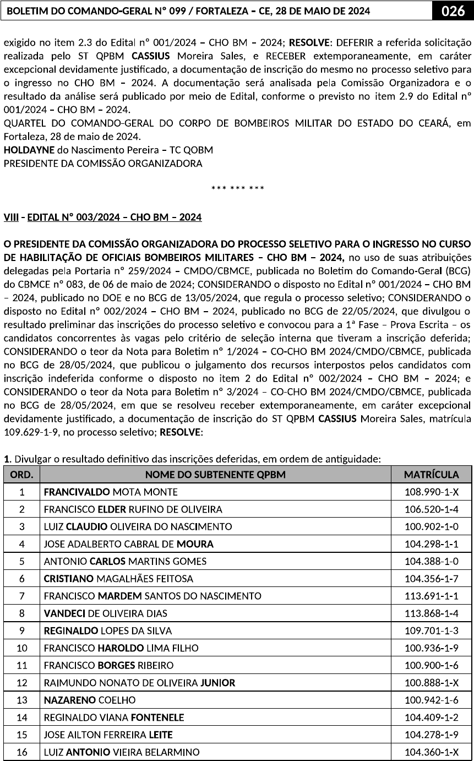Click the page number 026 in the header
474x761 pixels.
pyautogui.click(x=453, y=11)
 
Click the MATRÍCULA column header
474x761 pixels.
pyautogui.click(x=431, y=474)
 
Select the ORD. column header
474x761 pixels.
pyautogui.click(x=21, y=474)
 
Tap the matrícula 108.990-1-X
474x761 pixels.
pyautogui.click(x=431, y=492)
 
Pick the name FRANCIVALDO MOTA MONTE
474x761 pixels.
pyautogui.click(x=111, y=492)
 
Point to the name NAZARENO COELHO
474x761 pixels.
pyautogui.click(x=90, y=700)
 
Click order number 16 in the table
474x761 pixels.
pyautogui.click(x=21, y=752)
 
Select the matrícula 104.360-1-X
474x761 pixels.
pyautogui.click(x=431, y=752)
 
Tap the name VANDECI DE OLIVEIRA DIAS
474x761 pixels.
pyautogui.click(x=106, y=613)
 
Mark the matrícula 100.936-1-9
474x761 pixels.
pyautogui.click(x=431, y=648)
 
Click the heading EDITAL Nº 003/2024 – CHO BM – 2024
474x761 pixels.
pyautogui.click(x=115, y=218)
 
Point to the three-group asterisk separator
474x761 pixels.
pyautogui.click(x=237, y=189)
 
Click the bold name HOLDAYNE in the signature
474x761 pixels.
pyautogui.click(x=28, y=150)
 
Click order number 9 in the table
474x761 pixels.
pyautogui.click(x=21, y=630)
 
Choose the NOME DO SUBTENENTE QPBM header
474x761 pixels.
pyautogui.click(x=215, y=474)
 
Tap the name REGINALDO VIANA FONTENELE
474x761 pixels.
pyautogui.click(x=114, y=717)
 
